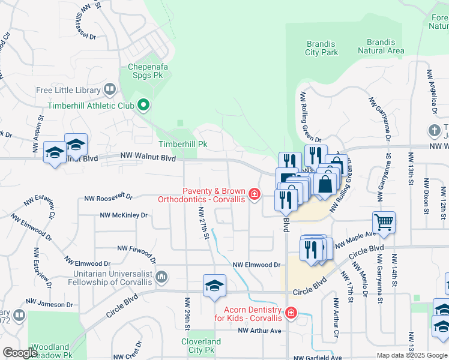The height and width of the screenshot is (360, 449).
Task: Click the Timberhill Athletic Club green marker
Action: pyautogui.click(x=143, y=106)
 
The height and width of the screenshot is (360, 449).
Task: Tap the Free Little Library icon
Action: pyautogui.click(x=110, y=90)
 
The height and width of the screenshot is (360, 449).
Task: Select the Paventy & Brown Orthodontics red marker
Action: pyautogui.click(x=255, y=193)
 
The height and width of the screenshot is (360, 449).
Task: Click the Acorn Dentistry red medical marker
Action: pyautogui.click(x=291, y=313)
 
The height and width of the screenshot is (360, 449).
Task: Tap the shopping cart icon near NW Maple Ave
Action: pyautogui.click(x=384, y=223)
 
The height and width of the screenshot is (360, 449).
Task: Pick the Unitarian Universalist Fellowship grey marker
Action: pyautogui.click(x=161, y=277)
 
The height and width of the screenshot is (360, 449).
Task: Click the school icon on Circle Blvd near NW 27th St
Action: pyautogui.click(x=214, y=286)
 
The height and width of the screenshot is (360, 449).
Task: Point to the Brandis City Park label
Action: pyautogui.click(x=322, y=48)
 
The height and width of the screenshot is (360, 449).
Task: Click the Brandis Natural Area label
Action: pyautogui.click(x=381, y=46)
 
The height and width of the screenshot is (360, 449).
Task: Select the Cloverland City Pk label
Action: pyautogui.click(x=200, y=346)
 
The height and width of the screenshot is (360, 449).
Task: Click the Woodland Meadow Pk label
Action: pyautogui.click(x=51, y=351)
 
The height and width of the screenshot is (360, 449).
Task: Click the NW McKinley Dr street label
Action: pyautogui.click(x=124, y=215)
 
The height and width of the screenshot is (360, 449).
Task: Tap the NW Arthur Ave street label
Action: pyautogui.click(x=259, y=331)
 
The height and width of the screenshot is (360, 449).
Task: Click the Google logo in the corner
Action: pyautogui.click(x=20, y=353)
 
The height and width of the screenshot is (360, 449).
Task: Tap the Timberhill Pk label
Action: pyautogui.click(x=182, y=144)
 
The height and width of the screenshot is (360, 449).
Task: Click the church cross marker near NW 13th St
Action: pyautogui.click(x=435, y=130)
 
